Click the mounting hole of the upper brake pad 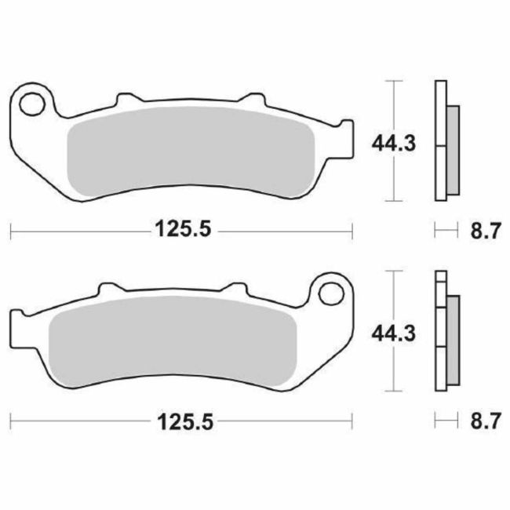point(33,102)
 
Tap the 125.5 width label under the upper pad point(181,231)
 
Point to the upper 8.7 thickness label point(483,231)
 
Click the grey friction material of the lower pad point(173,337)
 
